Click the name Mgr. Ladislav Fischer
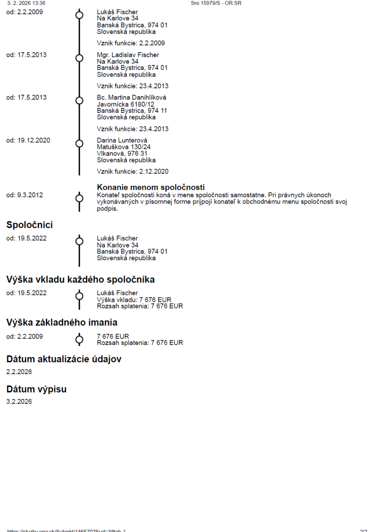click(x=128, y=55)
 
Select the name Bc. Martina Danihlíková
click(x=131, y=98)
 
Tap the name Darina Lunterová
click(x=122, y=140)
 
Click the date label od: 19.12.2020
click(x=28, y=140)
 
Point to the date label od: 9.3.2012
click(x=25, y=195)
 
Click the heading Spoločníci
click(x=29, y=225)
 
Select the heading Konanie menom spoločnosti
click(x=151, y=187)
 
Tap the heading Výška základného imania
click(x=62, y=322)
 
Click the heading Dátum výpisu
click(x=36, y=389)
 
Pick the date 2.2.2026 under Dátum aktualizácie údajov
click(x=19, y=372)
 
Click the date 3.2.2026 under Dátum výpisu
click(x=19, y=401)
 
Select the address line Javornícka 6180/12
click(x=126, y=104)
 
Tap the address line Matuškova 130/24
click(x=124, y=147)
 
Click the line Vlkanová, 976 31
click(x=122, y=154)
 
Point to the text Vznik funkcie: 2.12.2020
click(x=132, y=172)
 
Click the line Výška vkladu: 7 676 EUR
click(x=134, y=300)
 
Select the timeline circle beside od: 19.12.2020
click(x=79, y=144)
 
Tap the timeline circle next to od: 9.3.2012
click(x=79, y=198)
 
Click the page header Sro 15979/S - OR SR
click(x=216, y=3)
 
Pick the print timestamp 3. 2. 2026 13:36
click(x=26, y=3)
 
